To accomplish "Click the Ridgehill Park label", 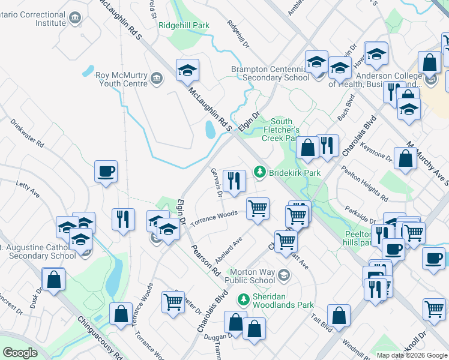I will [184, 26].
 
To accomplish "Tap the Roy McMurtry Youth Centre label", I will [122, 79].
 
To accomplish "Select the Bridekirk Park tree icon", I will [260, 172].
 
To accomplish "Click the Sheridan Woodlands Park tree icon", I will [244, 298].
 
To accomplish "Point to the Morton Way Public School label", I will [250, 276].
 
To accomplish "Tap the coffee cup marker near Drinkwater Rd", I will [106, 172].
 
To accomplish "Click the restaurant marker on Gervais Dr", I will [234, 181].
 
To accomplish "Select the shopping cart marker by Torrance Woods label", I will [258, 209].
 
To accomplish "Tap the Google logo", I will [20, 353].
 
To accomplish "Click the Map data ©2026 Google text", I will [411, 355].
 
